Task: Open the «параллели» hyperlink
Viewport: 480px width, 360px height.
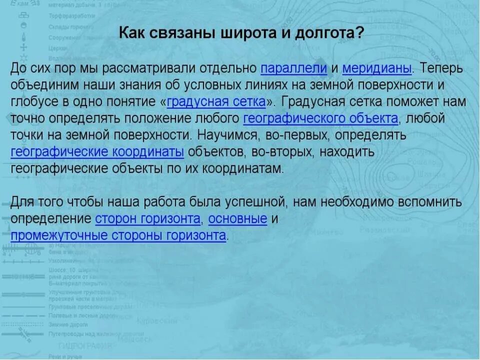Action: point(294,68)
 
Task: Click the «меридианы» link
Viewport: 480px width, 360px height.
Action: point(377,68)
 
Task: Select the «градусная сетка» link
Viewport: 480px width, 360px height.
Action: point(215,102)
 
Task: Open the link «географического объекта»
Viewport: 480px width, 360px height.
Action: point(320,119)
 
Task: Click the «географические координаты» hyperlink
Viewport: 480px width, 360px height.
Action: point(97,152)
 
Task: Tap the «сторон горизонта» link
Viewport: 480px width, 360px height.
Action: point(148,219)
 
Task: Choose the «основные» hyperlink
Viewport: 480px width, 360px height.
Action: point(237,219)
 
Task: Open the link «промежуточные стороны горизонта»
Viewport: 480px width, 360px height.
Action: point(118,235)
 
